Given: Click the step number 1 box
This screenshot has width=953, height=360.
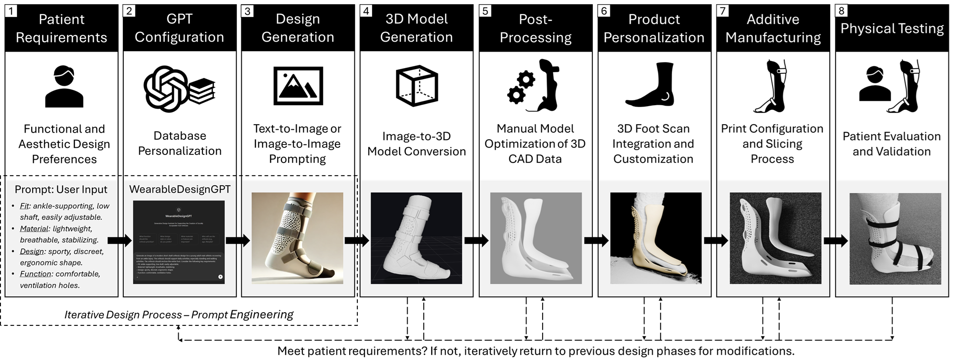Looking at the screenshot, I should click(11, 11).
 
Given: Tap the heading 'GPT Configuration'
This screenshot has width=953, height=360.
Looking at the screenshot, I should click(179, 28).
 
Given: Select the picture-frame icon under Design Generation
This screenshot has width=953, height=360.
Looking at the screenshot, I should click(298, 86).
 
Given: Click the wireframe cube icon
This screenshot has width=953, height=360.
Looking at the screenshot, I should click(417, 86).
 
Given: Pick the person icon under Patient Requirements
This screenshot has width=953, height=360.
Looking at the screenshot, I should click(64, 87).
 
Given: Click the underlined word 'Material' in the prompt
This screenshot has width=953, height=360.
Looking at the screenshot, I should click(34, 229).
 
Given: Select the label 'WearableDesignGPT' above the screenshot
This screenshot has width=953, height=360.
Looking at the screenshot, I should click(180, 189).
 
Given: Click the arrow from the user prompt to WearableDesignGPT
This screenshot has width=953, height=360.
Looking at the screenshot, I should click(120, 241).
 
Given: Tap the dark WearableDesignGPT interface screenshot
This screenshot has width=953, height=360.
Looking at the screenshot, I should click(179, 242).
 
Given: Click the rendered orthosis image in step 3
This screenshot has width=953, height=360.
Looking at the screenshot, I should click(297, 238).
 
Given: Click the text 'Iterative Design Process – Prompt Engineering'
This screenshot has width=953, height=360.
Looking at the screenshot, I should click(179, 315).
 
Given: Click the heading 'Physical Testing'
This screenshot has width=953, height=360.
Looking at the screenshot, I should click(892, 28).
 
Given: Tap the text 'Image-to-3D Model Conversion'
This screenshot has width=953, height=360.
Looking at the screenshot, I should click(417, 144).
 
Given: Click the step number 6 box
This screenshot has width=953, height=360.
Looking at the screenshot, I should click(604, 11).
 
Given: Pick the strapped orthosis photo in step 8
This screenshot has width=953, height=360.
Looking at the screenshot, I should click(895, 239).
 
